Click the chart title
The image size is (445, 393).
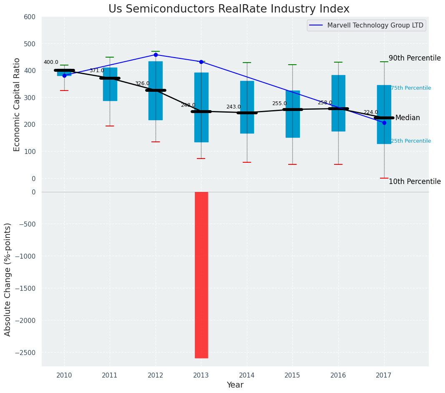click(229, 9)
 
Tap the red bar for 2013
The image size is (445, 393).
click(201, 275)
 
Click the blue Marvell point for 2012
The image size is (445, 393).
click(156, 55)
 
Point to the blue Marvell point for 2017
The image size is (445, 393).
click(384, 123)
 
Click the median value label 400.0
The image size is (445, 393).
click(51, 63)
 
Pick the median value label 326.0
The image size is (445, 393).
click(142, 84)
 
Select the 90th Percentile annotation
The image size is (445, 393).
click(415, 58)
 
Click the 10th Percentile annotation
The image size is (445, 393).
click(415, 182)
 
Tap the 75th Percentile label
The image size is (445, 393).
click(411, 88)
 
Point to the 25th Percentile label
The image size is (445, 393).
click(411, 141)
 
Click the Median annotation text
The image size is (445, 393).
click(407, 118)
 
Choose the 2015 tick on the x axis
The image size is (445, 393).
click(292, 375)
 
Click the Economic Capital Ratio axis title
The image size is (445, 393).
click(17, 104)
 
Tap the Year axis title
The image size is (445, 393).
click(235, 385)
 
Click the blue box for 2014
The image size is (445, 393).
click(247, 107)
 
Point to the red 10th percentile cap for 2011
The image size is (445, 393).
click(110, 126)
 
